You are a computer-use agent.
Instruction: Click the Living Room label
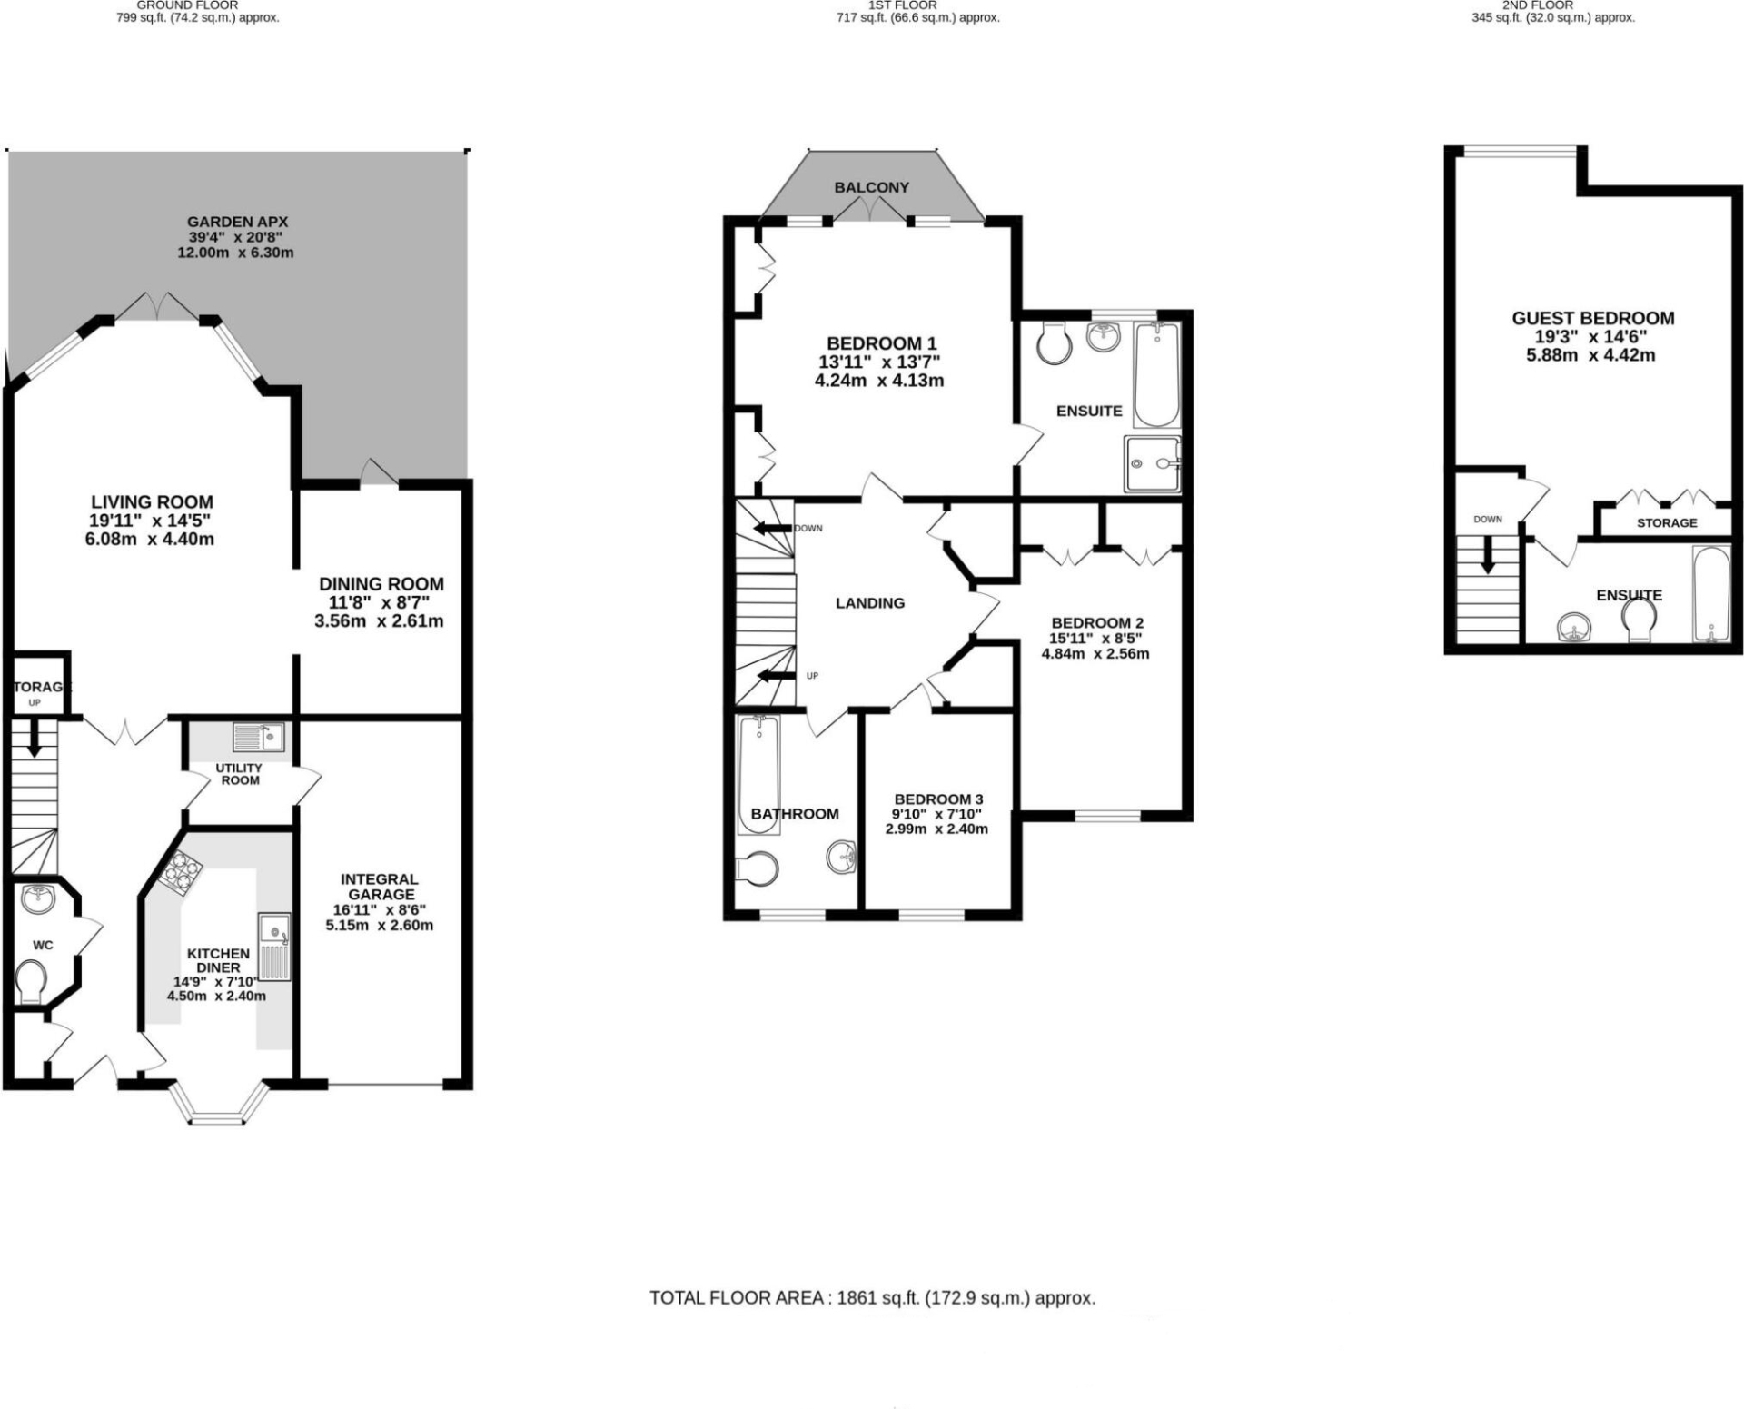(152, 501)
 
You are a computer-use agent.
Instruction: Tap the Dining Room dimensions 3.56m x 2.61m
(379, 621)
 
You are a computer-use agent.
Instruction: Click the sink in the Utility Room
(259, 736)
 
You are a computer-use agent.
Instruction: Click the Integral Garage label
(380, 887)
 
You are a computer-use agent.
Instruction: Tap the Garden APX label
(237, 222)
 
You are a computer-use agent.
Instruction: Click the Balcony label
(871, 187)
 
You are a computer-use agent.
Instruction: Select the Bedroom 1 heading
(880, 343)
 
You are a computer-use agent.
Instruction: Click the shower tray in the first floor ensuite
(1152, 463)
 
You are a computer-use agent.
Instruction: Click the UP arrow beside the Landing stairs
(775, 675)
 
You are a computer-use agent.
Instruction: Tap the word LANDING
(869, 602)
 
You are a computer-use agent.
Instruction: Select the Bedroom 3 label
(938, 799)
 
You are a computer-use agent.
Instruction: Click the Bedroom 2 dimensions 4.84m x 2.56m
(1095, 653)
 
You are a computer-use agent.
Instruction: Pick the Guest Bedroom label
(1592, 318)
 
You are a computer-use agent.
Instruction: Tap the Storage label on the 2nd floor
(1666, 522)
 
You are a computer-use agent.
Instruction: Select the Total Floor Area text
(872, 1297)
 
